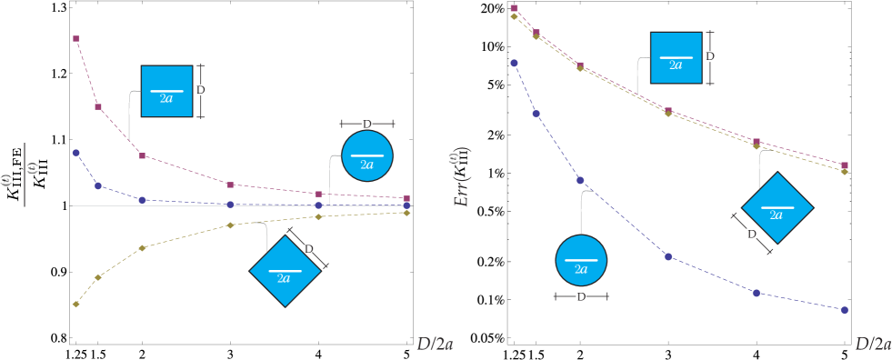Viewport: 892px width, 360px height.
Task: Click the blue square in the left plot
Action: point(166,91)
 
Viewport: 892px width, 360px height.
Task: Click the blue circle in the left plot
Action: point(366,156)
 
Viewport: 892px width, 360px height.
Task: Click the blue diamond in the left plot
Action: point(284,271)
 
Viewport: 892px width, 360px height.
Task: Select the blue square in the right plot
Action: point(676,58)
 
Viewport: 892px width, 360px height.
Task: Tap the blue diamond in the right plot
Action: point(777,208)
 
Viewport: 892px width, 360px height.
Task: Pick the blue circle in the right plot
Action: point(581,261)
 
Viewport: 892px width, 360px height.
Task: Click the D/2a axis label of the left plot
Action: point(435,345)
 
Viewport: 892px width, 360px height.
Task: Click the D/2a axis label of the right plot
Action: point(872,345)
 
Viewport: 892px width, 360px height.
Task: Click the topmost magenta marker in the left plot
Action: point(76,38)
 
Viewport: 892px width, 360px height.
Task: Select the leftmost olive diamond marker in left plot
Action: point(76,305)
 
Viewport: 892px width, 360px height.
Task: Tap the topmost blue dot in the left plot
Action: point(76,153)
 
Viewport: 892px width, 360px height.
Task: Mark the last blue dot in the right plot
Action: point(844,310)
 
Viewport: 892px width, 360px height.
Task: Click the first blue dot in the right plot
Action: point(514,63)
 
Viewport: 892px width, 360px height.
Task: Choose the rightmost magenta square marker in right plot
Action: point(844,165)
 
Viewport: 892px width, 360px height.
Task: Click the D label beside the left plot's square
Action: point(200,90)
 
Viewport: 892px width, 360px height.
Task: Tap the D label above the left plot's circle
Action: point(366,123)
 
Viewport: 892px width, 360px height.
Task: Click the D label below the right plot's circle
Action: point(581,296)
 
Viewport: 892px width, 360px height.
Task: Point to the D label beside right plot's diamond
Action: point(751,235)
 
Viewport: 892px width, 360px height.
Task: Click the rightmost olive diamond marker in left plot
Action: point(406,213)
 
